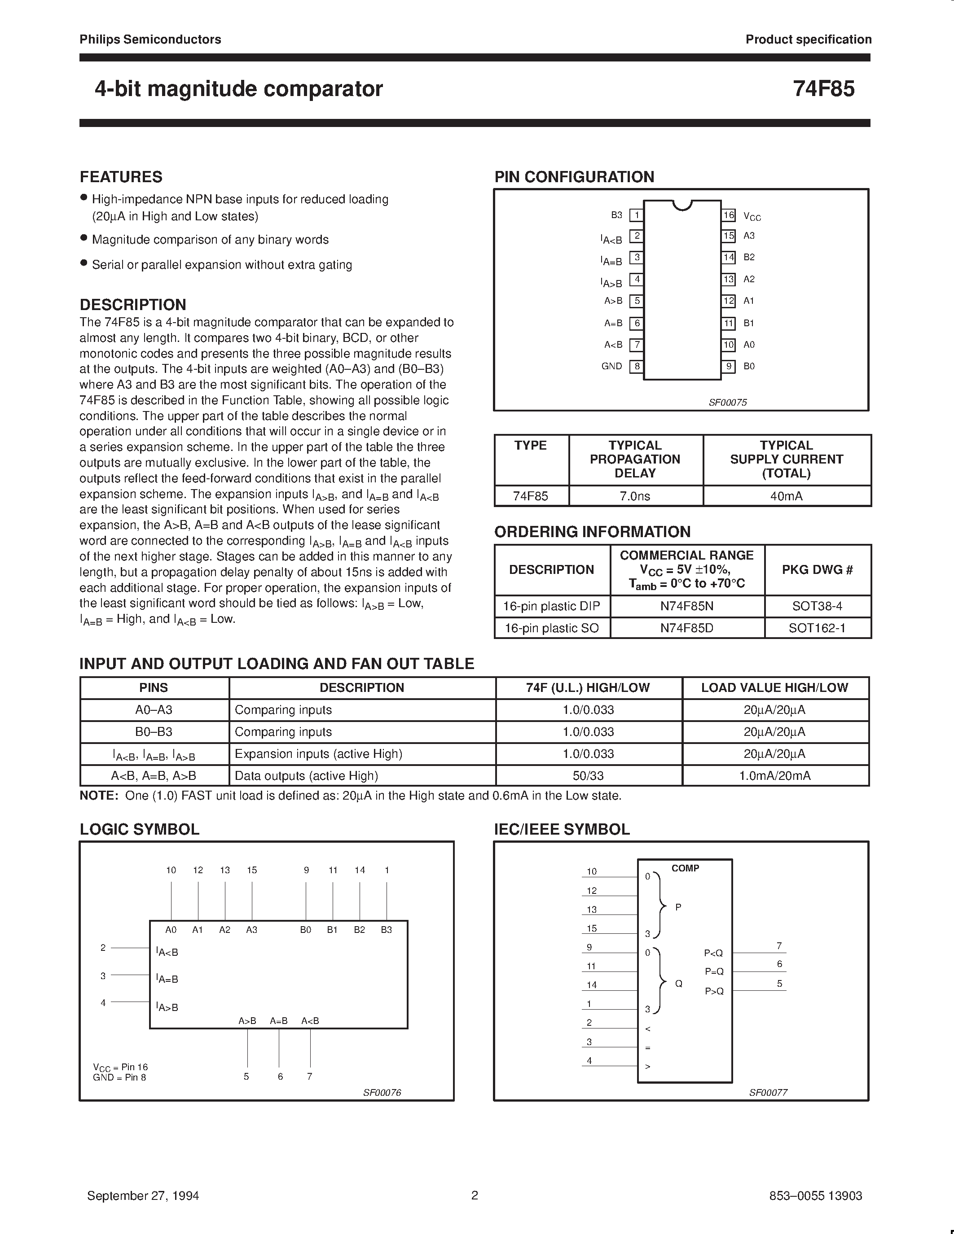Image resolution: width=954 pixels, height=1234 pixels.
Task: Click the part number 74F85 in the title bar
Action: pyautogui.click(x=823, y=89)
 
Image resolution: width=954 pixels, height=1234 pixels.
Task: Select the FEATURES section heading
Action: pyautogui.click(x=121, y=177)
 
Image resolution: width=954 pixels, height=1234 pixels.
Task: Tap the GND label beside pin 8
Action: pyautogui.click(x=611, y=366)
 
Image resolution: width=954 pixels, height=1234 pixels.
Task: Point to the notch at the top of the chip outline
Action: pyautogui.click(x=683, y=205)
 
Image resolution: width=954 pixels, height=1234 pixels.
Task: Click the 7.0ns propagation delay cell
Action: pyautogui.click(x=635, y=496)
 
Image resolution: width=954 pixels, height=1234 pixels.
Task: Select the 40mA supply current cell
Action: pyautogui.click(x=786, y=496)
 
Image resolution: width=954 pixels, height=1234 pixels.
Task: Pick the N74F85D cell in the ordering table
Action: pyautogui.click(x=687, y=628)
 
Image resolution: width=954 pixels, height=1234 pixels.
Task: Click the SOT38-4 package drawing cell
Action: pyautogui.click(x=817, y=606)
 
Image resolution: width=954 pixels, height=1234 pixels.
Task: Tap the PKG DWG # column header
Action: pyautogui.click(x=817, y=569)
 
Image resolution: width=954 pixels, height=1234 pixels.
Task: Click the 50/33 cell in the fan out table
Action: pyautogui.click(x=589, y=776)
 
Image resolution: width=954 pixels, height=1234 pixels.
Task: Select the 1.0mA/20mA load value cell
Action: pyautogui.click(x=775, y=776)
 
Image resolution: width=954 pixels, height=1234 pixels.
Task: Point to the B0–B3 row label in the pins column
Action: pyautogui.click(x=154, y=732)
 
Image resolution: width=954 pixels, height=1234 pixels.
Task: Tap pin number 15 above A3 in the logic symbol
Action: pyautogui.click(x=252, y=870)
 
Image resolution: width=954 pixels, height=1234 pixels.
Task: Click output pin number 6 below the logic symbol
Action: pyautogui.click(x=280, y=1076)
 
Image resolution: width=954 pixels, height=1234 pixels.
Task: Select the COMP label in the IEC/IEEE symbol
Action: pyautogui.click(x=685, y=868)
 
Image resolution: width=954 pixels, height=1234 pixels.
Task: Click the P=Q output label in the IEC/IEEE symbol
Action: pyautogui.click(x=714, y=971)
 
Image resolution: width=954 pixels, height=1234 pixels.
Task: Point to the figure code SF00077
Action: pyautogui.click(x=768, y=1092)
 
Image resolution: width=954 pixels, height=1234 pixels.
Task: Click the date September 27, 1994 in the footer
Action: pyautogui.click(x=143, y=1195)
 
